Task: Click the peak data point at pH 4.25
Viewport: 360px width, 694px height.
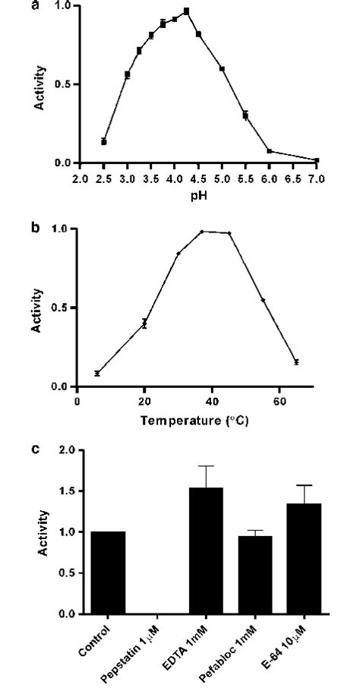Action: coord(187,11)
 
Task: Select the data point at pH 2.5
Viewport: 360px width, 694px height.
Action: coord(103,142)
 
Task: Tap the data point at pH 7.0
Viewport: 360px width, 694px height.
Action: coord(317,160)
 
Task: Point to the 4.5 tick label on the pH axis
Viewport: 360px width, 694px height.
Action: coord(198,180)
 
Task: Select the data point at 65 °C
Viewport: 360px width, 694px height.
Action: coord(296,362)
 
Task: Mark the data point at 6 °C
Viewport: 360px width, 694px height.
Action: coord(97,373)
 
